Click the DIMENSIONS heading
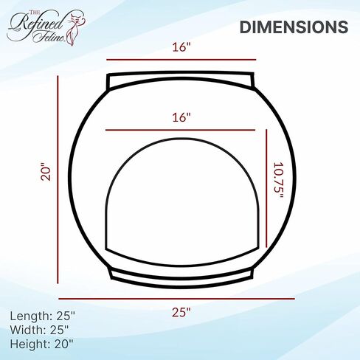tap(294, 27)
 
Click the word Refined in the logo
tap(35, 24)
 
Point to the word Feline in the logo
tap(49, 37)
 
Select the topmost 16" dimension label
tap(181, 47)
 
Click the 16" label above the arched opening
tap(181, 117)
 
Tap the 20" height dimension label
tap(46, 172)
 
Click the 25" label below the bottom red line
tap(181, 312)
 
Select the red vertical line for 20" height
tap(58, 179)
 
